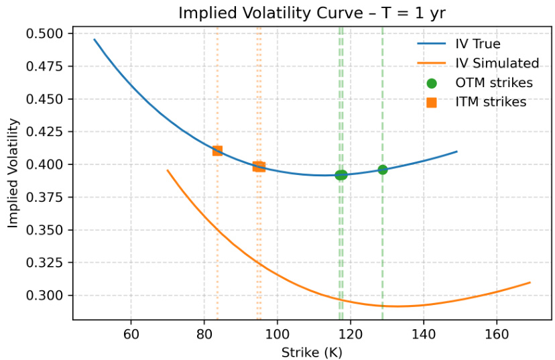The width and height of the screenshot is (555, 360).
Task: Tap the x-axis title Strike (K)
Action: (312, 352)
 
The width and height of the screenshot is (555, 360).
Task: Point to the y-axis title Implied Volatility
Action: (13, 174)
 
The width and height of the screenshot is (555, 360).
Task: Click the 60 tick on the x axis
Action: (131, 333)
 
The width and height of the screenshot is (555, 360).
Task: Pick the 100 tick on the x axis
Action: (277, 333)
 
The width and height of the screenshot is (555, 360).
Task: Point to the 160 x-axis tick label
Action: (496, 333)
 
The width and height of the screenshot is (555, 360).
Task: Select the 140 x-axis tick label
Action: (423, 333)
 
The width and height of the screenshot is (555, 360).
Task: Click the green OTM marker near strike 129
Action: (383, 170)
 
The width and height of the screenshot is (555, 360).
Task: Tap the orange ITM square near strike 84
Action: (217, 151)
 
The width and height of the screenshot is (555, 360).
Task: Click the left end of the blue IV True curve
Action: (95, 40)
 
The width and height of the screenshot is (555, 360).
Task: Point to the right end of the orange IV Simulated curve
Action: (530, 282)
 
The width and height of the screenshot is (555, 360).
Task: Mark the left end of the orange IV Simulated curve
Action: (168, 170)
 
